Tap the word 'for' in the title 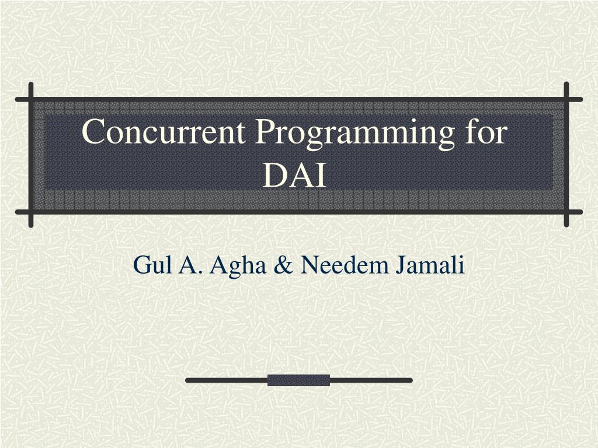(486, 132)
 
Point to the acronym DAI (294, 176)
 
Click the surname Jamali (432, 265)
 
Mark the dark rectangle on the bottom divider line (298, 380)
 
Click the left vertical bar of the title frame (30, 154)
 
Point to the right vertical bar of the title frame (566, 154)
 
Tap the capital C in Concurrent (93, 132)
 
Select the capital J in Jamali (402, 265)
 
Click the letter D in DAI (273, 176)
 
